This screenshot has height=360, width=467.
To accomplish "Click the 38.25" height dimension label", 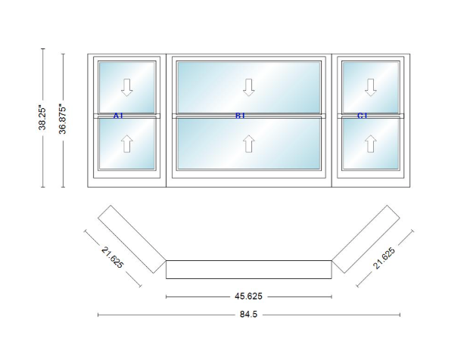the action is [x=42, y=118].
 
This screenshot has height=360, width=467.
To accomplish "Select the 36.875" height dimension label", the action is [x=63, y=119].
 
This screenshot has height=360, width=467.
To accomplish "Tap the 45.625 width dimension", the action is [x=248, y=296].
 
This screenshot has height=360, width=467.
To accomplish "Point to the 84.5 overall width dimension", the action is [x=248, y=314].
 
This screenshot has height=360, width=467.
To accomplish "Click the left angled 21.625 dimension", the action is [x=112, y=258].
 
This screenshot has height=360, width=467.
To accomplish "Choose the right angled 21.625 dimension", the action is [x=384, y=258].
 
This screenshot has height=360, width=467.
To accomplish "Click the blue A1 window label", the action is [x=118, y=116].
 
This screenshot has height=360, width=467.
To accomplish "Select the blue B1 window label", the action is [x=240, y=116].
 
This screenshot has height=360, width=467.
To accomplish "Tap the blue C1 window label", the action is [x=362, y=116].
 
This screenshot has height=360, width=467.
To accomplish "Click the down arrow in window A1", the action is [x=127, y=88].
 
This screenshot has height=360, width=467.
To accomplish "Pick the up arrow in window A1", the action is [x=127, y=144].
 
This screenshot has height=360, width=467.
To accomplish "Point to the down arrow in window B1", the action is [x=249, y=88].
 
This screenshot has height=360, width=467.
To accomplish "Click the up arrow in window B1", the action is [x=249, y=144].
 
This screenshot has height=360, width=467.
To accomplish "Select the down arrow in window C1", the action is [x=371, y=88].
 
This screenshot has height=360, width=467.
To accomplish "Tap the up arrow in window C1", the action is [x=371, y=144].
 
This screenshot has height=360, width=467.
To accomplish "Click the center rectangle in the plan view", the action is [x=249, y=269].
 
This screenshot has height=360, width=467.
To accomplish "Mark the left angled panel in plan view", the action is [x=132, y=239].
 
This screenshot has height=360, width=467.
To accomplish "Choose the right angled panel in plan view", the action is [x=366, y=239].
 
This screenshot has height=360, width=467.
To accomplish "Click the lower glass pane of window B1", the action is [x=249, y=144].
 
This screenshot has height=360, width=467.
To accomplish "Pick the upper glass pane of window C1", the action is [x=371, y=88].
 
